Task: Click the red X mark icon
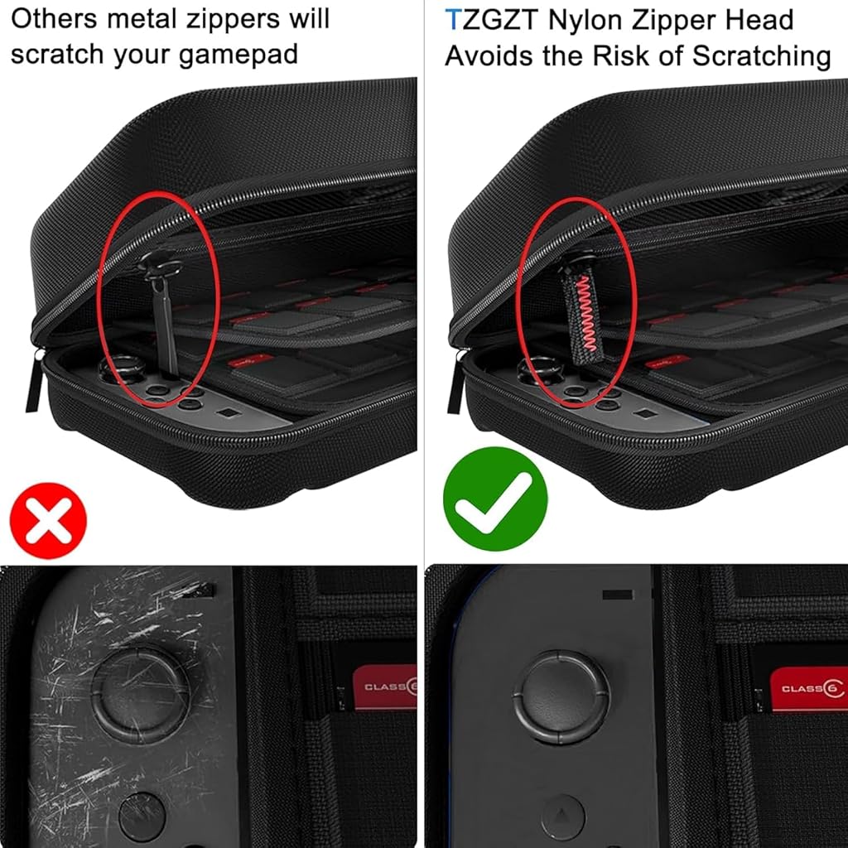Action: pos(48,520)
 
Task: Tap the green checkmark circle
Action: pos(495,499)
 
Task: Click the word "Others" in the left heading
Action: pos(54,19)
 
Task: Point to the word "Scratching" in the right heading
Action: pos(762,56)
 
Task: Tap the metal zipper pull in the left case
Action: pos(162,311)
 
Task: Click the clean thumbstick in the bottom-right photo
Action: pos(561,697)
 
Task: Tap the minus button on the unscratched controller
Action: pos(617,595)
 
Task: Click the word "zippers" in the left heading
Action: pos(233,21)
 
